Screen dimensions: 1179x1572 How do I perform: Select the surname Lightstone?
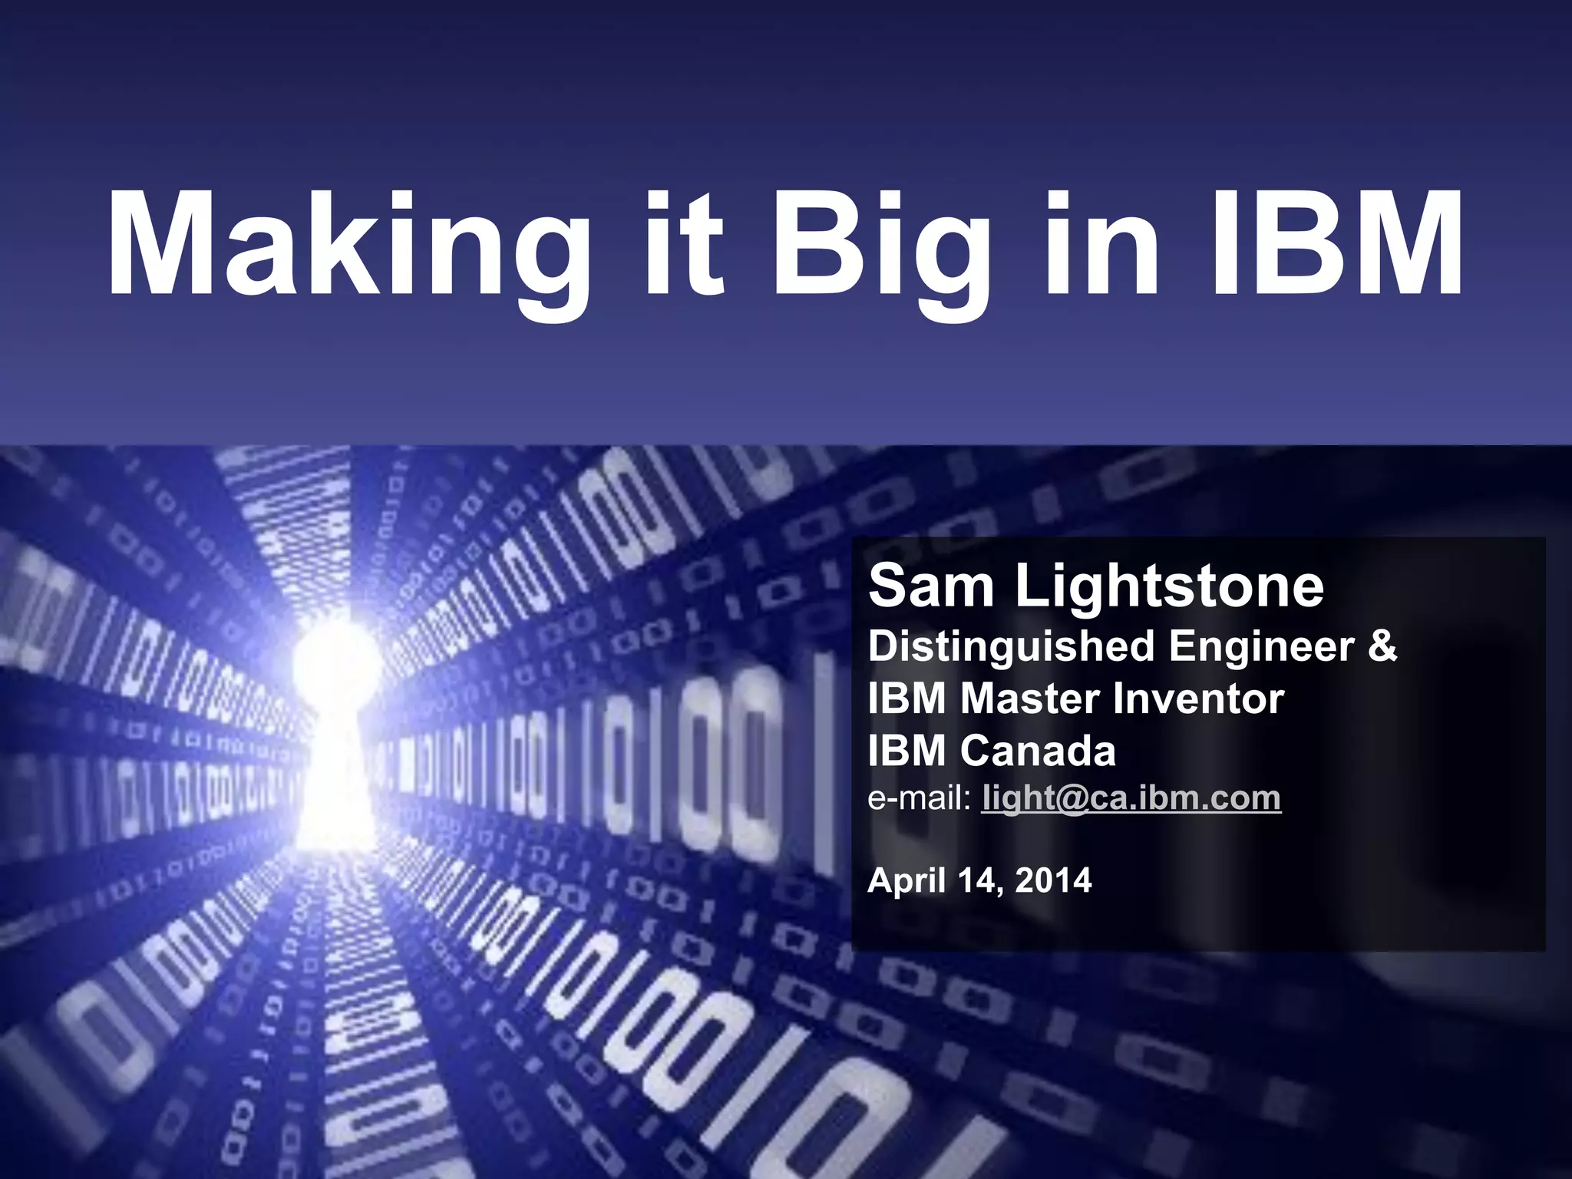tap(1170, 586)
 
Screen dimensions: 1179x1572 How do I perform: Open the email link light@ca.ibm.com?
tap(1131, 798)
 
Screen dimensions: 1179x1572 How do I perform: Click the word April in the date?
tap(906, 880)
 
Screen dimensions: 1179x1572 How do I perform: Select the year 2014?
tap(1052, 880)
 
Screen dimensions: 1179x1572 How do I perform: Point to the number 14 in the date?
tap(979, 880)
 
